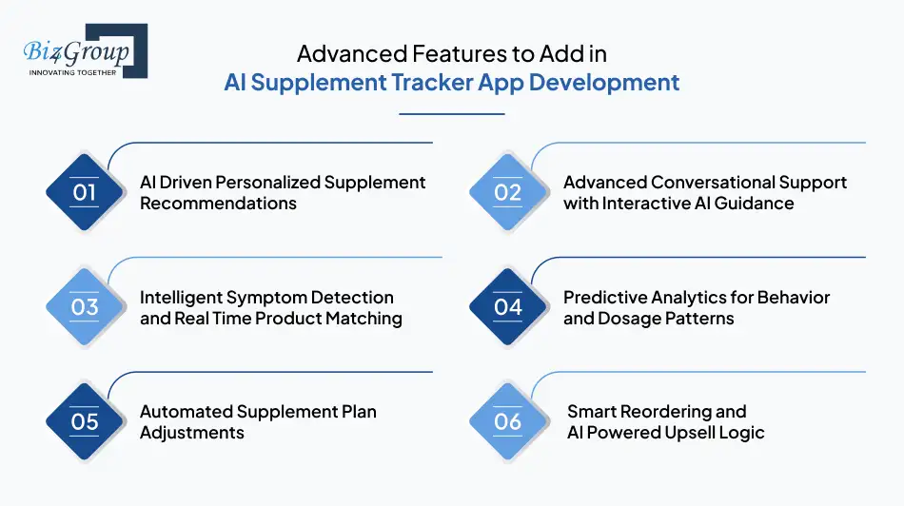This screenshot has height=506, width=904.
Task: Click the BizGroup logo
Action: tap(84, 49)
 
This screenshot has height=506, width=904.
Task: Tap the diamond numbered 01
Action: tap(85, 192)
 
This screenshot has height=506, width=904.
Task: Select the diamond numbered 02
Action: tap(508, 192)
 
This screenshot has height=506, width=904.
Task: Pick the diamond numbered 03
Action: tap(85, 307)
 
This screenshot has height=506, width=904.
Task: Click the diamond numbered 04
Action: tap(508, 307)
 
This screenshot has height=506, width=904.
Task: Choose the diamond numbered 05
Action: tap(85, 421)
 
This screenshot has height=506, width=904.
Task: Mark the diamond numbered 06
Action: tap(508, 421)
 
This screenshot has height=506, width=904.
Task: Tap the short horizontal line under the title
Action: tap(451, 114)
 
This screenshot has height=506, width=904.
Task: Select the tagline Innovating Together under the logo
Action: tap(73, 72)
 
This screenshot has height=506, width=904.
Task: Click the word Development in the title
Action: tap(604, 82)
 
